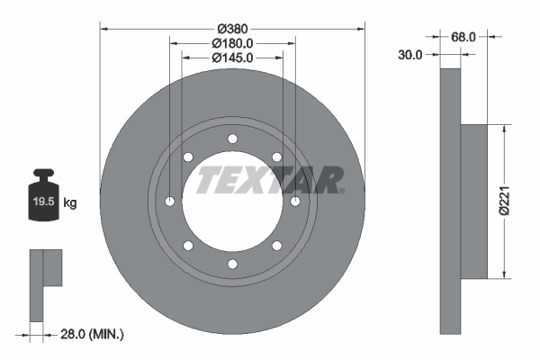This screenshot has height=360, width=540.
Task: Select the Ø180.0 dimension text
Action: coord(232,42)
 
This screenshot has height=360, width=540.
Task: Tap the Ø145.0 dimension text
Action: coord(232,58)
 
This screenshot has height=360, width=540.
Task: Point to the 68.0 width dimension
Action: coord(463,38)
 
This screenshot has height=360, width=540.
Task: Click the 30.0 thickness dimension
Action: coord(410,54)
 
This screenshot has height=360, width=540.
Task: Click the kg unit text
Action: coord(70,203)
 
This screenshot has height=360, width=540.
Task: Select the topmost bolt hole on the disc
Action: coord(232,138)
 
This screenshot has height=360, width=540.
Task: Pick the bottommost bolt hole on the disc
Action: coord(232,263)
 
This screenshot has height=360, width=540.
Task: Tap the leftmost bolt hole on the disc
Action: coord(170,201)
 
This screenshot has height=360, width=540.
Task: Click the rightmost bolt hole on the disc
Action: coord(295,201)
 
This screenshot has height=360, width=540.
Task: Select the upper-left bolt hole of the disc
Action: coord(188,157)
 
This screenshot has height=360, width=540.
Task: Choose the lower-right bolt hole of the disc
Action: coord(276,245)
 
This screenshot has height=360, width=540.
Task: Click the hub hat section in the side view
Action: coord(473,200)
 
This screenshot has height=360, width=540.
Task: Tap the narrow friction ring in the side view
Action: coord(450,200)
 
